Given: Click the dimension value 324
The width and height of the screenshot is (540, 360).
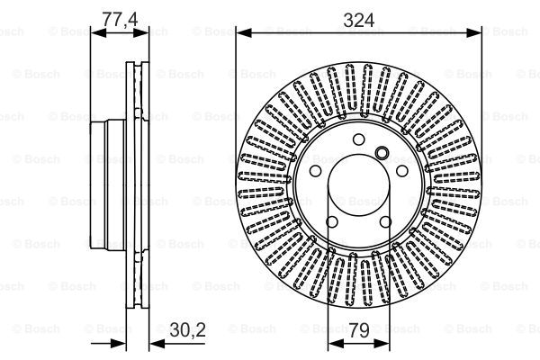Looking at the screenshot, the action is click(x=359, y=21).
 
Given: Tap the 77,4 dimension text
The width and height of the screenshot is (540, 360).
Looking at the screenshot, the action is click(x=121, y=19).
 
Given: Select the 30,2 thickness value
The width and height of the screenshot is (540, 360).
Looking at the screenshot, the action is click(x=188, y=329).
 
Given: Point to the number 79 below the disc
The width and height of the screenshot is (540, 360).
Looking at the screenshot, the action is click(x=359, y=330).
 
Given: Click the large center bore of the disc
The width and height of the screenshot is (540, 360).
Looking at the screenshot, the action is click(x=358, y=185).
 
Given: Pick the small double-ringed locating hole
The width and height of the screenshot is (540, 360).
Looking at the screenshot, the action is click(x=382, y=153).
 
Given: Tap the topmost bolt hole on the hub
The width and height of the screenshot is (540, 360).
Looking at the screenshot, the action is click(x=358, y=139).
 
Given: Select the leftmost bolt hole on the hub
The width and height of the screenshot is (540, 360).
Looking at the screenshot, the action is click(x=316, y=171).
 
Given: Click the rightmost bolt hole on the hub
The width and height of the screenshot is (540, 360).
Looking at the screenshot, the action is click(x=402, y=171).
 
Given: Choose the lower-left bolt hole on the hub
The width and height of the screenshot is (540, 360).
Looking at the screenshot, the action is click(x=332, y=222).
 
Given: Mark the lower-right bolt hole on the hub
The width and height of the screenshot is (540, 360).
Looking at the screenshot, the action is click(x=385, y=222).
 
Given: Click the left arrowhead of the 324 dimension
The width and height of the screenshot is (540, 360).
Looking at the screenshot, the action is click(x=244, y=33).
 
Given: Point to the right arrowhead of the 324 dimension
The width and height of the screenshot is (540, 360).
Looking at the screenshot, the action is click(x=473, y=33).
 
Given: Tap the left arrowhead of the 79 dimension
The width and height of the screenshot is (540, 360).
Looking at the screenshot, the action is click(x=336, y=343).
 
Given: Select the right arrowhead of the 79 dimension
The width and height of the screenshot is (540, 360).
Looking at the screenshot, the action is click(x=382, y=343).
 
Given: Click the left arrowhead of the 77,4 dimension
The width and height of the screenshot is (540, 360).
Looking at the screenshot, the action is click(x=98, y=33).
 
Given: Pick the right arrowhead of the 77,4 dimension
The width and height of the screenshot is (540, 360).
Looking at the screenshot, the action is click(x=141, y=33).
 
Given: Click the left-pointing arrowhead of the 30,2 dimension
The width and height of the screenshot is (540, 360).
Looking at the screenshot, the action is click(x=157, y=343).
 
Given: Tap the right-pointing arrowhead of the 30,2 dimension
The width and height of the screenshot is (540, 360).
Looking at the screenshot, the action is click(x=118, y=343).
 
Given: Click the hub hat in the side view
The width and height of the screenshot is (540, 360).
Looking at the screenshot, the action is click(x=108, y=185).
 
